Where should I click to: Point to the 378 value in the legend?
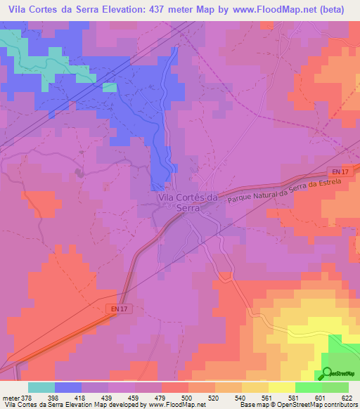(x=27, y=398)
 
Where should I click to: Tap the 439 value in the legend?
(x=108, y=398)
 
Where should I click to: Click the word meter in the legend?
(x=10, y=398)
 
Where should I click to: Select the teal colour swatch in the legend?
(x=41, y=387)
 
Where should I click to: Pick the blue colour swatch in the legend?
(x=67, y=387)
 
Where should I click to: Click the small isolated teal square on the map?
(x=109, y=88)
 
